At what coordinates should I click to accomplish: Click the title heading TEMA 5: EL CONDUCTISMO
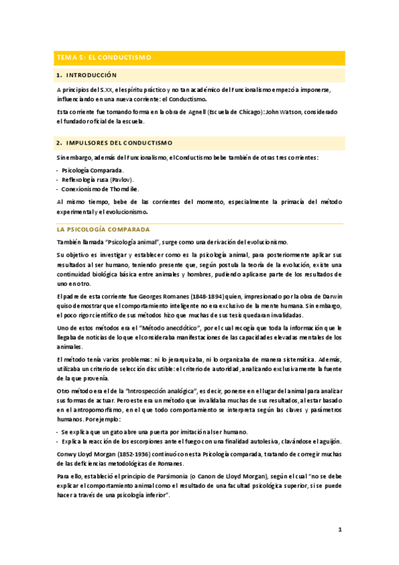click(104, 58)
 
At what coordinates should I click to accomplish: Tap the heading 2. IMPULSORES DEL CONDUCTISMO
click(115, 143)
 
